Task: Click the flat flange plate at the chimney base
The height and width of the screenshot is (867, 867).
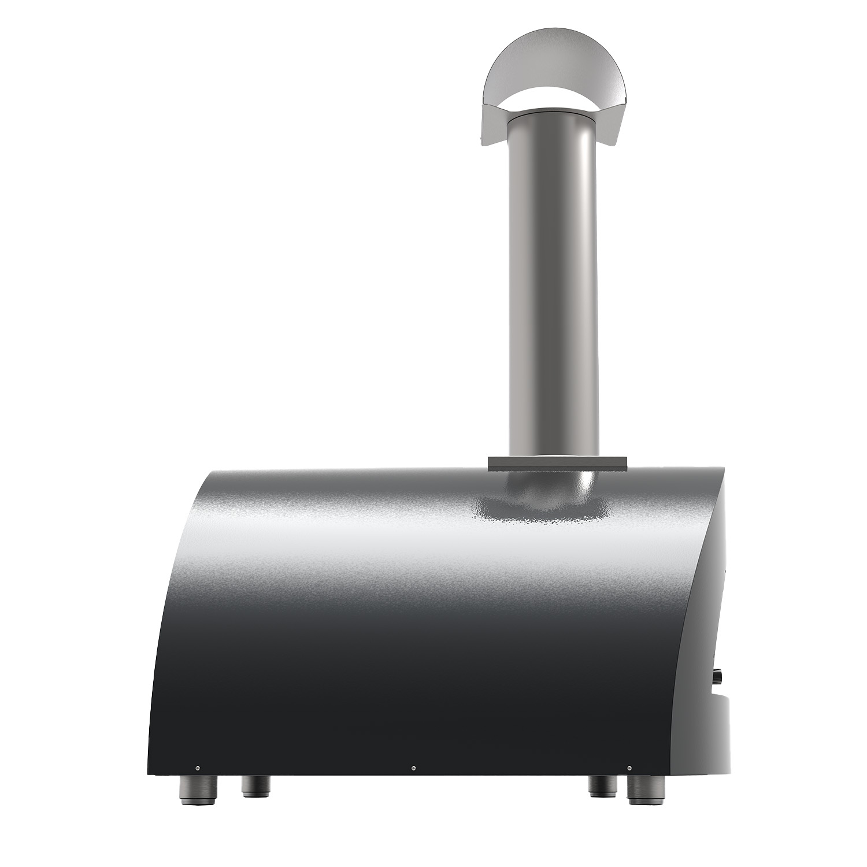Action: click(x=557, y=462)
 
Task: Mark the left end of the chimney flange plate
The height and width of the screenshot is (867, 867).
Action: click(x=492, y=462)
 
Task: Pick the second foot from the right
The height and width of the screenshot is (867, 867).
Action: click(x=603, y=786)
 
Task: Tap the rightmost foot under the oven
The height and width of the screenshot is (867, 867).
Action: click(x=643, y=784)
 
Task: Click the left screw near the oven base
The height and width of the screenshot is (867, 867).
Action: click(x=197, y=768)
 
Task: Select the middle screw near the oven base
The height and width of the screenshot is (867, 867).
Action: click(x=413, y=768)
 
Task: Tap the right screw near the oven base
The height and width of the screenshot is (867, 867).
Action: click(x=629, y=768)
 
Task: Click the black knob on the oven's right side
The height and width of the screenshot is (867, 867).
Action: click(x=718, y=675)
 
